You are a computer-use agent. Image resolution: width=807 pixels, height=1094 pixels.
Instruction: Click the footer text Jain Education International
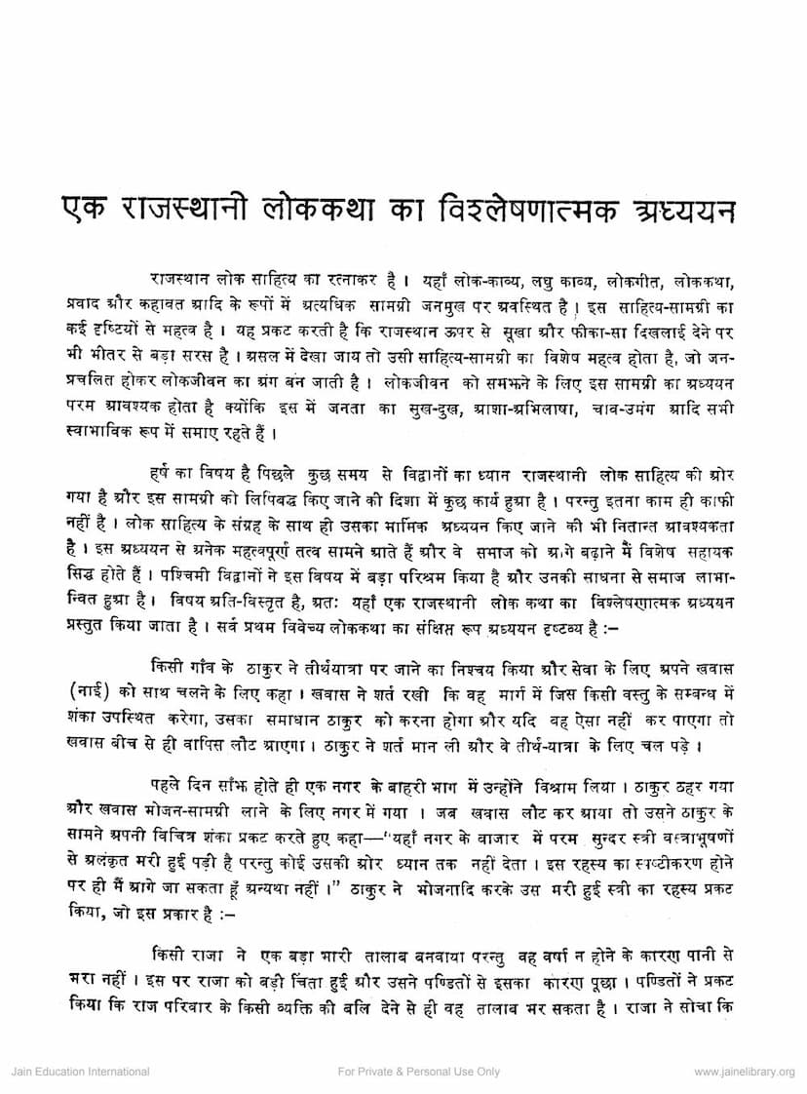coord(80,1072)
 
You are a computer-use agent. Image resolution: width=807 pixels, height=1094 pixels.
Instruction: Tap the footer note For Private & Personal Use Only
coord(418,1072)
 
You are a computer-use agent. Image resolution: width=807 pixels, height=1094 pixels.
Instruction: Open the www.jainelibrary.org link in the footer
coord(744,1072)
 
